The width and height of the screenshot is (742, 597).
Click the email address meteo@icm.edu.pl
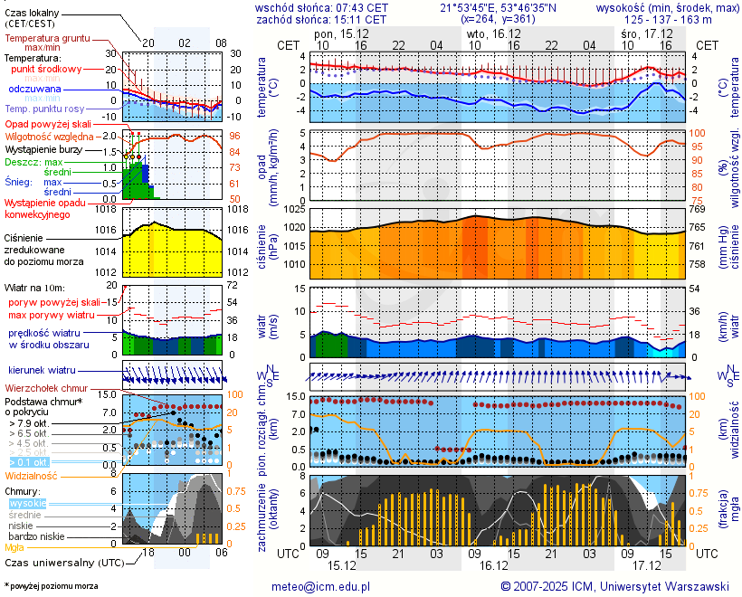(321, 586)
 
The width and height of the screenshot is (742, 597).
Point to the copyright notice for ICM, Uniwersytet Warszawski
(614, 586)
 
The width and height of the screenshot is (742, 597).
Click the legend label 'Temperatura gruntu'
(48, 38)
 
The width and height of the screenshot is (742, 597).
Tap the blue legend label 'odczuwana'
(34, 90)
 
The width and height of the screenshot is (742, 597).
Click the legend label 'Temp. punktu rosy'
(44, 109)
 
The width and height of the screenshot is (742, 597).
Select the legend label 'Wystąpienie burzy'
(47, 148)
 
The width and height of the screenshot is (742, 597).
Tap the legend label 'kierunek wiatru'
(41, 371)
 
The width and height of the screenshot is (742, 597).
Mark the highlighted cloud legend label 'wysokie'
(27, 503)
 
